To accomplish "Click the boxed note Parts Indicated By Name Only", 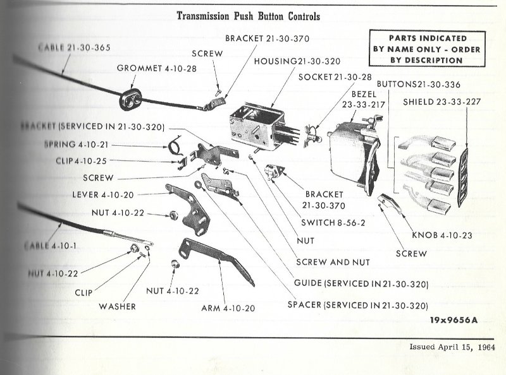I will (426, 49).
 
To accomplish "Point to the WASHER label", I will (118, 307).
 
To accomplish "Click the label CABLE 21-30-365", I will (65, 47).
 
